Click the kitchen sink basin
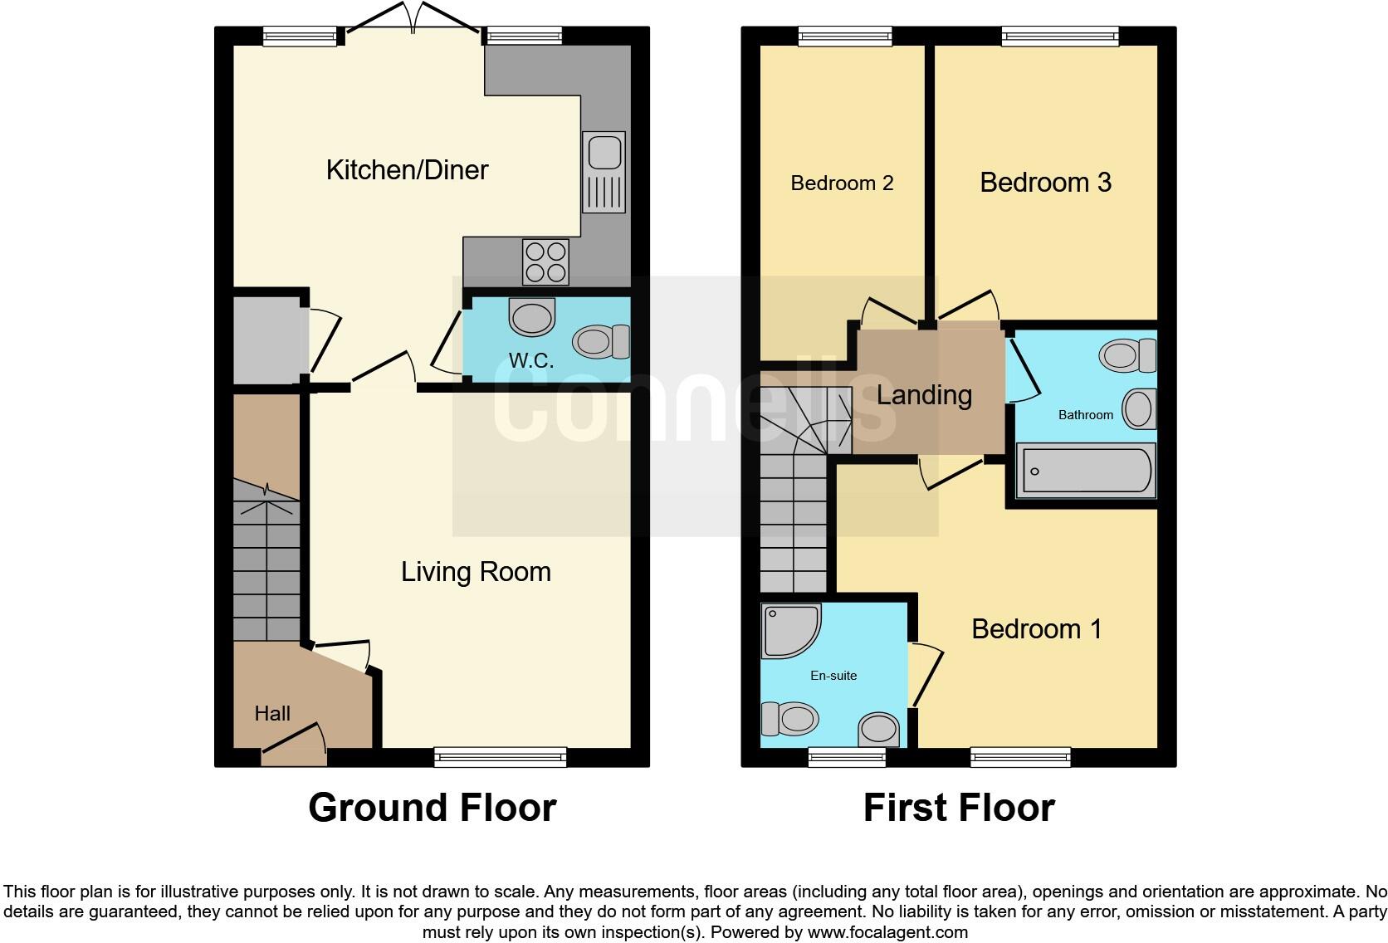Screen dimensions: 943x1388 point(604,153)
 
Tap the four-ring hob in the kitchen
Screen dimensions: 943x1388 point(545,261)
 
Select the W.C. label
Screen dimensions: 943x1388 point(531,361)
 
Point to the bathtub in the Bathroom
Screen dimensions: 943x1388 point(1085,471)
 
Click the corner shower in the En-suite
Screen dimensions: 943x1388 point(789,629)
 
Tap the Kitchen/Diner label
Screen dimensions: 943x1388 point(407,170)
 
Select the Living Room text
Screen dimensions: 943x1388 point(476,572)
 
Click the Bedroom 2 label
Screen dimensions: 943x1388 point(842,183)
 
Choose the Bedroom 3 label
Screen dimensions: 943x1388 point(1045,183)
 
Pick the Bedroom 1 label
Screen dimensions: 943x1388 point(1037,629)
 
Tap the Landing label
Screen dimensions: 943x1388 point(924,395)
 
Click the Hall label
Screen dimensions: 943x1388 point(272,714)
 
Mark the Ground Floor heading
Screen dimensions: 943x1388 point(432,808)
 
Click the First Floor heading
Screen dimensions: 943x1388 point(959,808)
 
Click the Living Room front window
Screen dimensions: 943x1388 point(500,756)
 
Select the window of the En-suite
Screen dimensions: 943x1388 point(847,756)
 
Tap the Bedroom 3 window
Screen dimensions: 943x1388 point(1059,36)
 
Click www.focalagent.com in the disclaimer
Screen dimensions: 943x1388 point(887,932)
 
